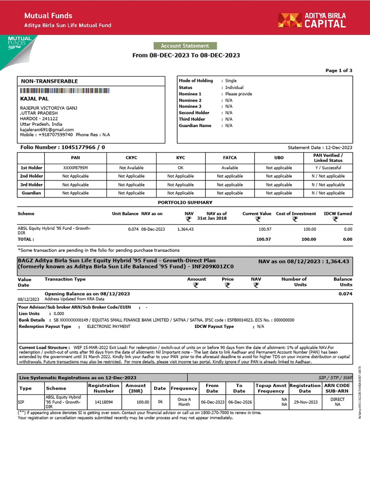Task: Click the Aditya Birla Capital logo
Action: [311, 20]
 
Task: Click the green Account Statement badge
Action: [185, 46]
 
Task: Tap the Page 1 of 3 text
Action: [339, 70]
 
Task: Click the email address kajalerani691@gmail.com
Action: [47, 130]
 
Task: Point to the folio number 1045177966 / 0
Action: [61, 147]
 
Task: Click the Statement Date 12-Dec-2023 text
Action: [320, 147]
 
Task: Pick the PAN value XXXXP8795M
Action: [76, 168]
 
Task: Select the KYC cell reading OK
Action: [181, 168]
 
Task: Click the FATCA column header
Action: [230, 157]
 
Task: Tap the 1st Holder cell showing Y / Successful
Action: [328, 168]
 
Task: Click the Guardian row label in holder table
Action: [31, 193]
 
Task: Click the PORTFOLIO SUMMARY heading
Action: [185, 203]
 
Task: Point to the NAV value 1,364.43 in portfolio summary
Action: [185, 229]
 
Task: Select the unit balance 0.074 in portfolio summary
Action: [133, 229]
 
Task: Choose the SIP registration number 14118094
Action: [104, 401]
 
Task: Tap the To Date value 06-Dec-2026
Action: [239, 401]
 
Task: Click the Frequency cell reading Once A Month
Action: [184, 402]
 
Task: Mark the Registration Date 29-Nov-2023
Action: [305, 401]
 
